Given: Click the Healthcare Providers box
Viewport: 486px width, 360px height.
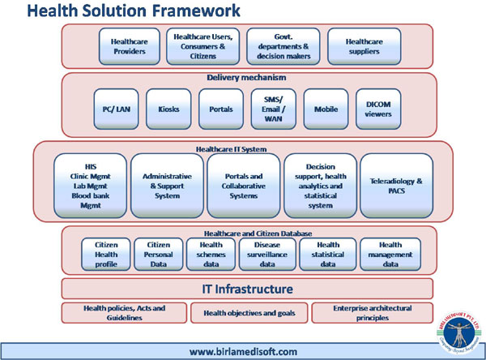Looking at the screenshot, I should tap(128, 46).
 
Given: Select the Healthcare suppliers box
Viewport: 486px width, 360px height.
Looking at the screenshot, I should tap(364, 46).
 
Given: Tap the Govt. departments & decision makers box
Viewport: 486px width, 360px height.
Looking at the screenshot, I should tap(283, 46).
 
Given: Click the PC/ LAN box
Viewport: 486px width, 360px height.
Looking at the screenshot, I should tap(117, 109).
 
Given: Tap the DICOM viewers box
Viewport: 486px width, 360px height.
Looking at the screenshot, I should tap(377, 109).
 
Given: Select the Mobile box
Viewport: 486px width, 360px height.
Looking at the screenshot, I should tap(326, 109).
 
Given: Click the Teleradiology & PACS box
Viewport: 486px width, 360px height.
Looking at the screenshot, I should tap(396, 186).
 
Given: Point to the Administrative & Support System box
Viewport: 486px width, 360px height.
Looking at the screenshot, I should tap(167, 186).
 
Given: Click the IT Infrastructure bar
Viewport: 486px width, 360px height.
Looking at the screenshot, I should tap(248, 289).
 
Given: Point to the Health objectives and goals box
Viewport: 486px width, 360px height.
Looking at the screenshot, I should tap(249, 313).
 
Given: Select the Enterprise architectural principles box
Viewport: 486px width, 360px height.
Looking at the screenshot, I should tap(372, 313).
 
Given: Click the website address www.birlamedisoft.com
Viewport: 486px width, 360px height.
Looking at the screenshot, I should tap(244, 352).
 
